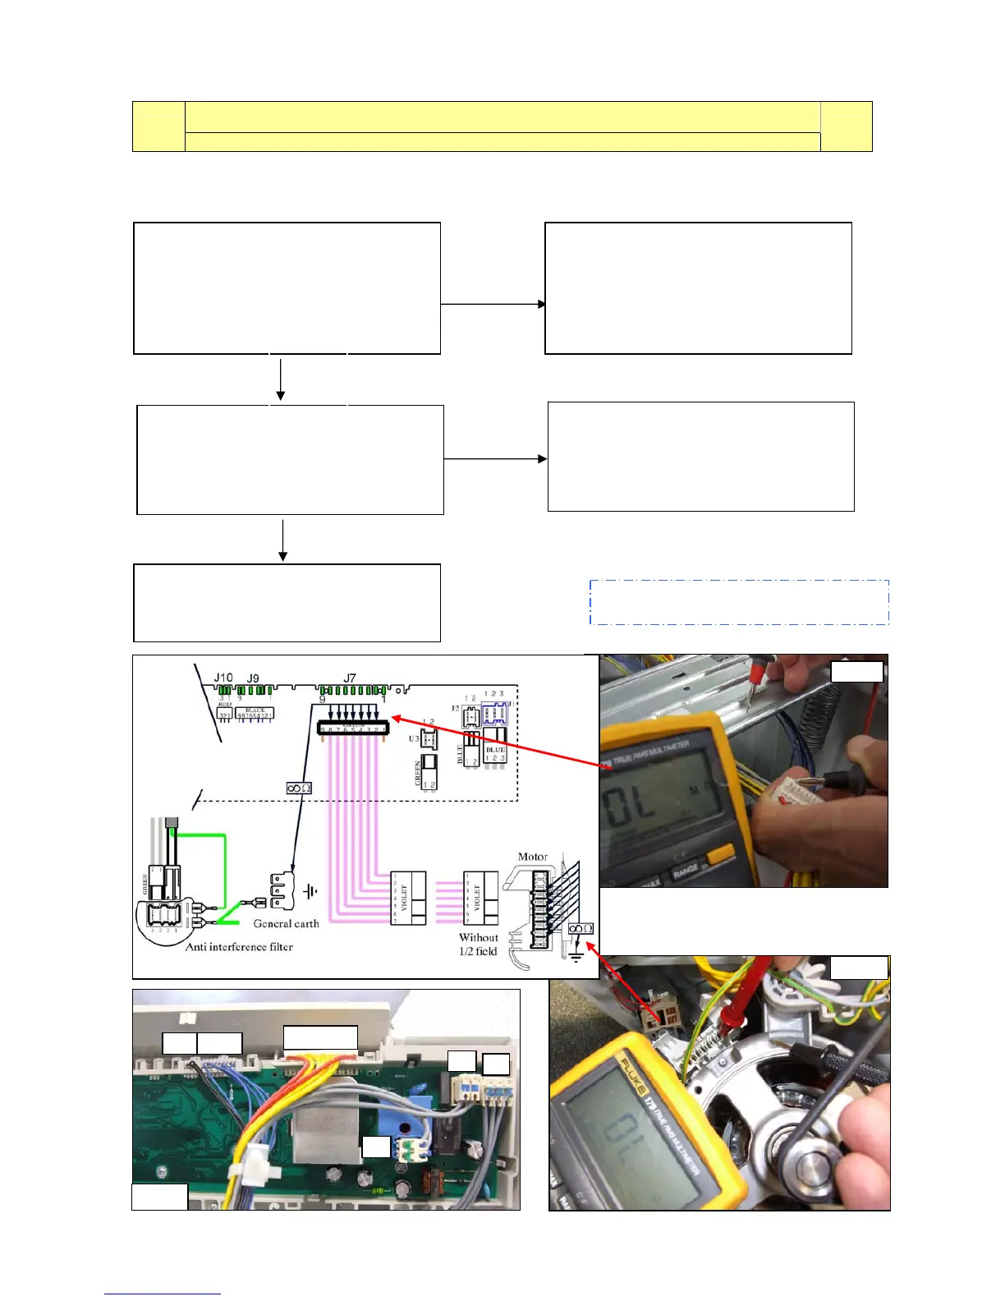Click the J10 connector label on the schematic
[x=223, y=678]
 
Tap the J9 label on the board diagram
[x=253, y=678]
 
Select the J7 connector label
[x=350, y=678]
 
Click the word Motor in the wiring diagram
[x=532, y=857]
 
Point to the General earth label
[x=286, y=923]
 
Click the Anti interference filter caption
[x=239, y=946]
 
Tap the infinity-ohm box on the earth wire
[x=298, y=788]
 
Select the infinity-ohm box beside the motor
[x=581, y=928]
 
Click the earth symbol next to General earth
[x=310, y=891]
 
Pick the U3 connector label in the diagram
[x=413, y=738]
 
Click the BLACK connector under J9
[x=255, y=713]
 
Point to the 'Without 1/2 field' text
[x=478, y=944]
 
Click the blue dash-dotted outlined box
[x=739, y=602]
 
